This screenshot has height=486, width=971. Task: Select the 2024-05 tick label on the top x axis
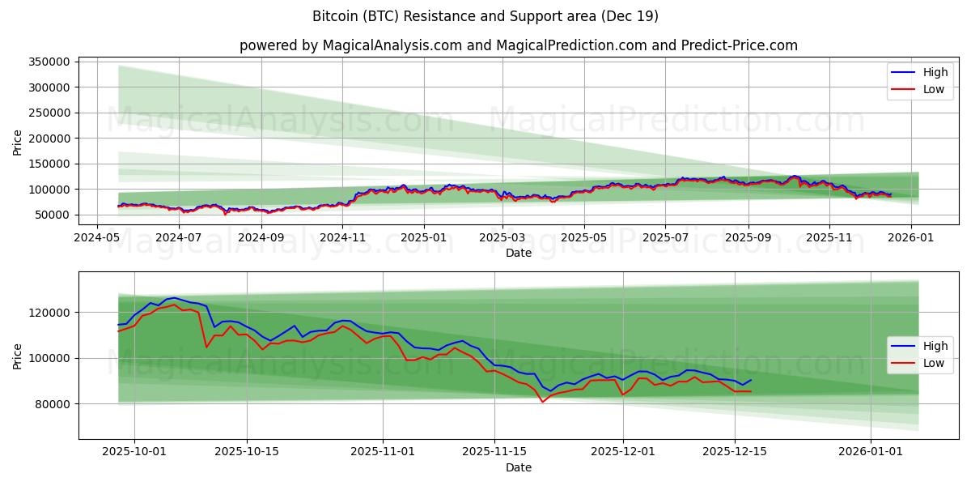97,237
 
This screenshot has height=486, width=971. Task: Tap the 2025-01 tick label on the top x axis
424,237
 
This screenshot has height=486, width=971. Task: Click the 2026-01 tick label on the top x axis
911,237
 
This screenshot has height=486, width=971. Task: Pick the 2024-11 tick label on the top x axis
342,237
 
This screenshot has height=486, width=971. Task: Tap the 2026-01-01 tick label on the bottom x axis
871,452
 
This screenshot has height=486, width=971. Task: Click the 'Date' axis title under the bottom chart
519,467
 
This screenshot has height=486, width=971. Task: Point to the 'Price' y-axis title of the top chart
18,142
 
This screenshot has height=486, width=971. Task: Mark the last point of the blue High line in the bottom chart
751,380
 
